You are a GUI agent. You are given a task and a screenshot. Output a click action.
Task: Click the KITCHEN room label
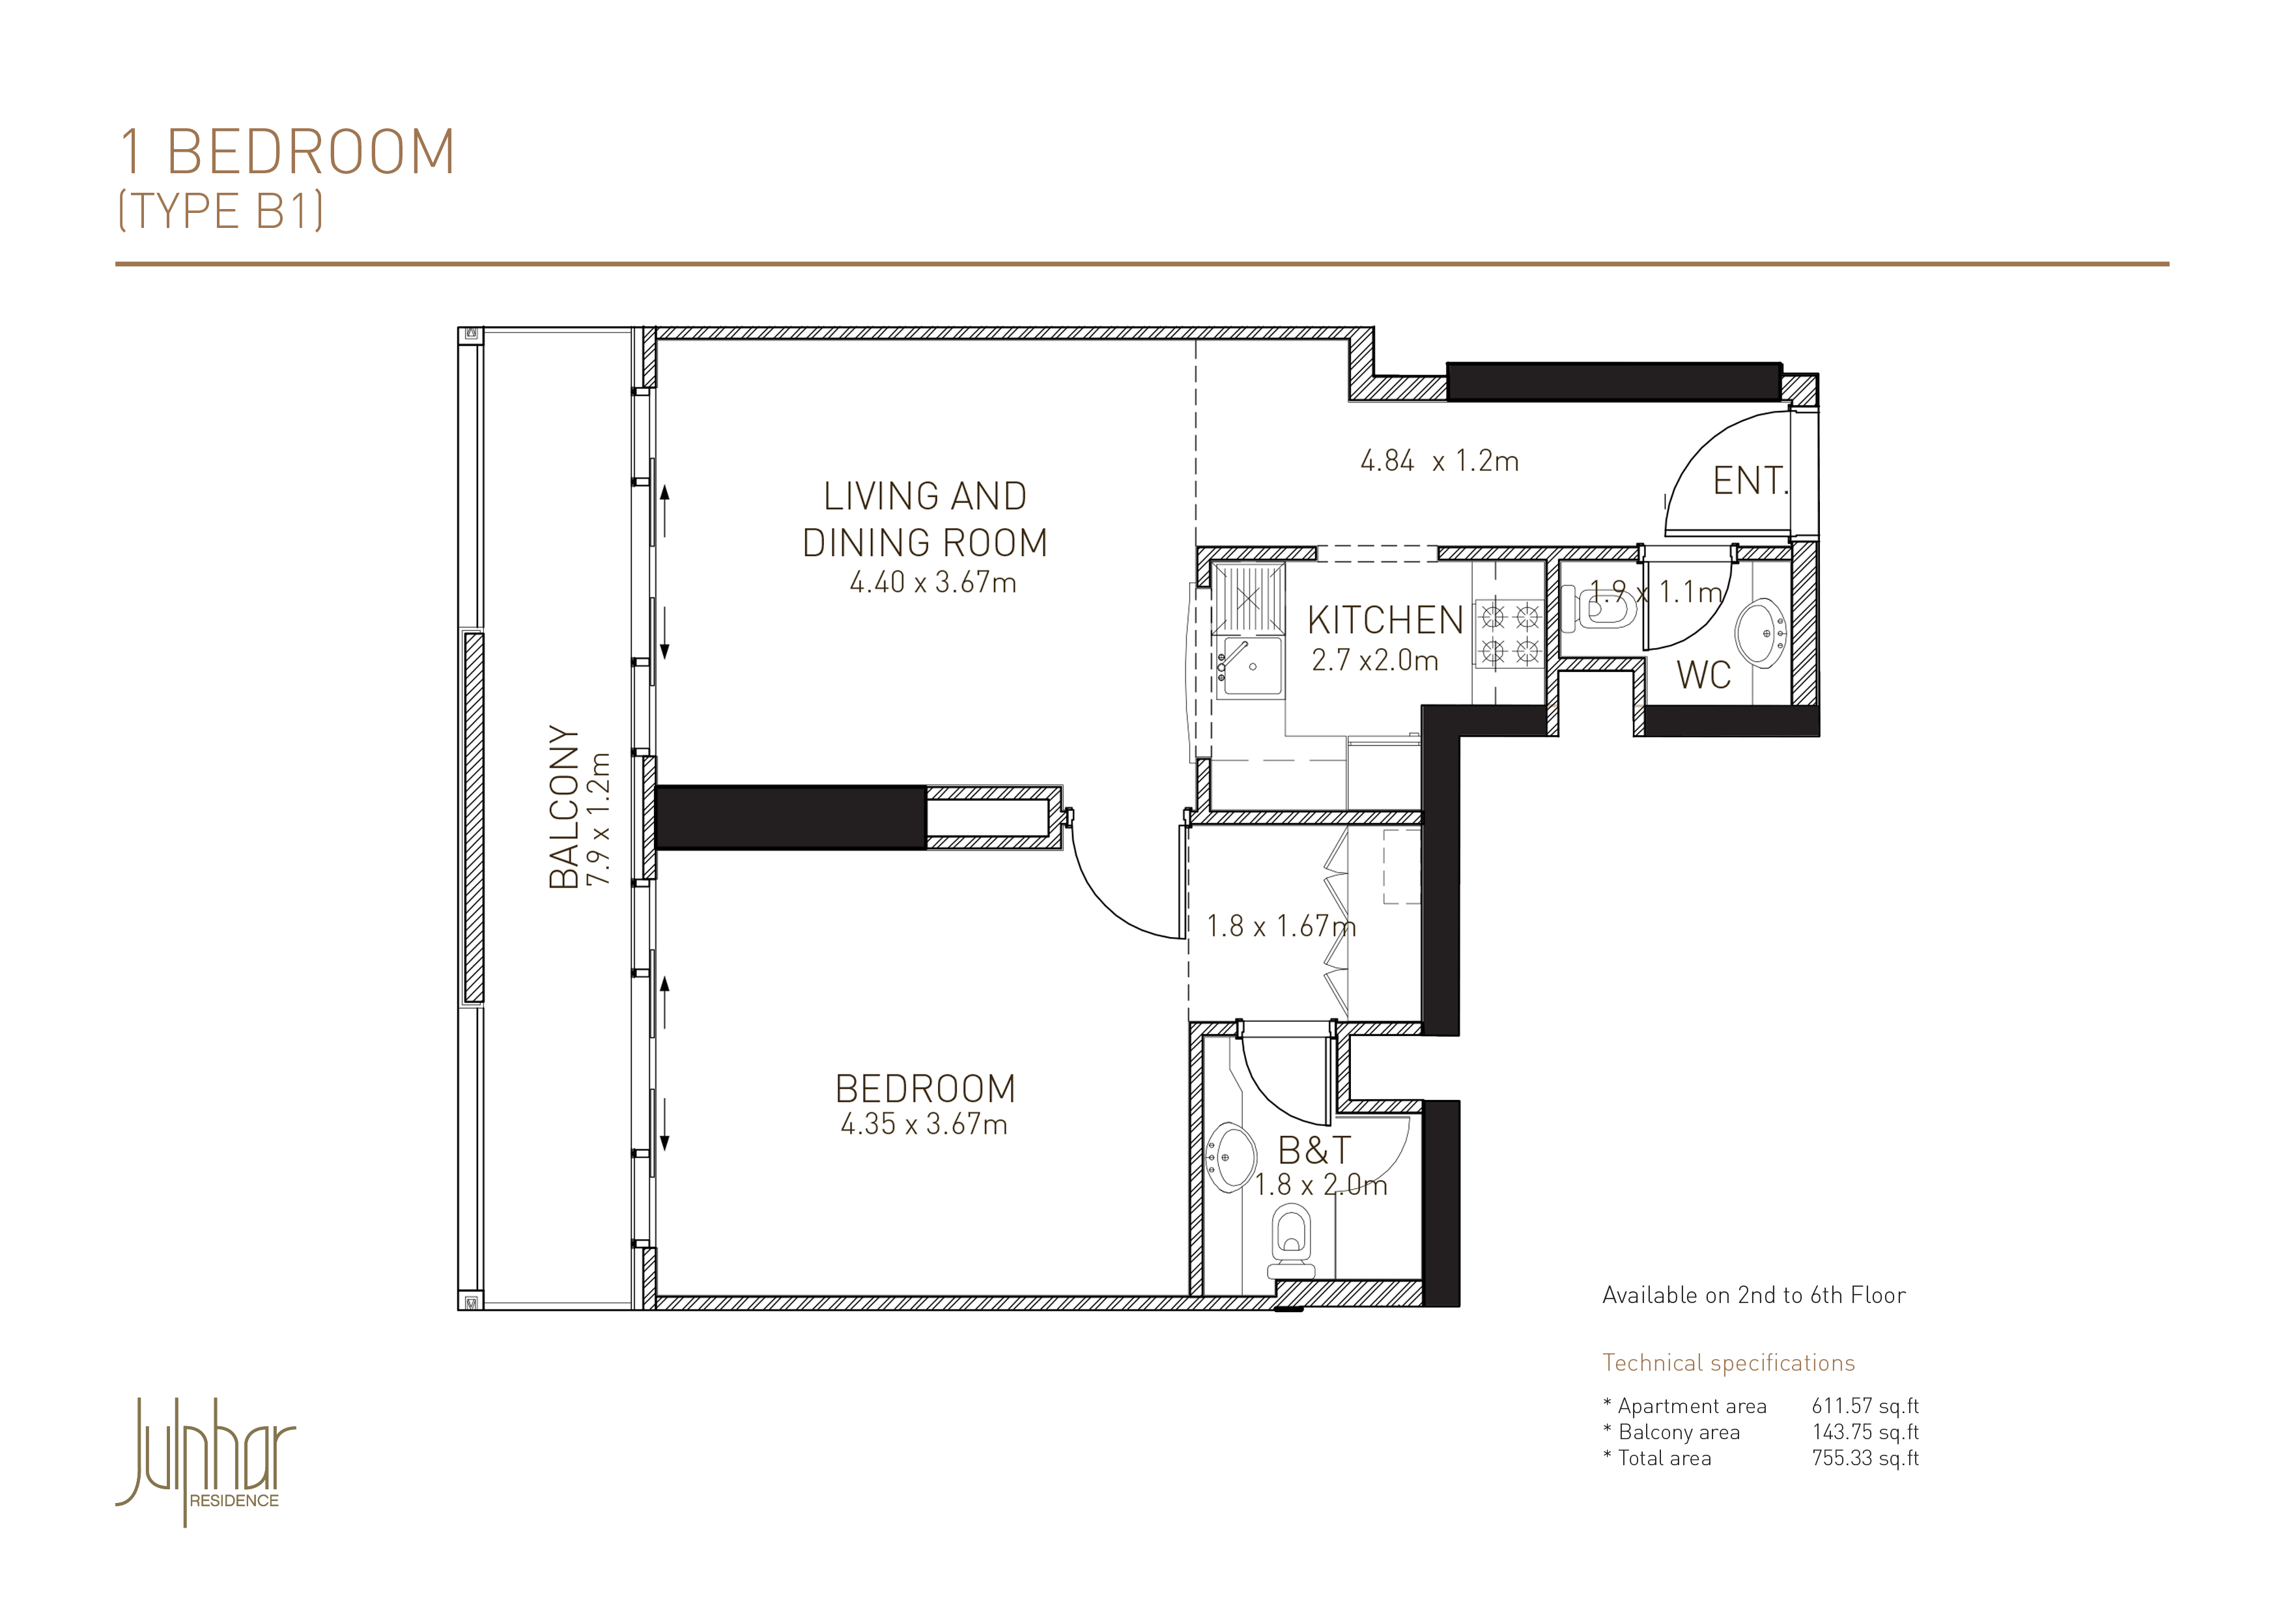click(1385, 620)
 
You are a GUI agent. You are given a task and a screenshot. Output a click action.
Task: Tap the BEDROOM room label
click(926, 1089)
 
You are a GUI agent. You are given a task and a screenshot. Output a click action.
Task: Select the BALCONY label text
click(564, 806)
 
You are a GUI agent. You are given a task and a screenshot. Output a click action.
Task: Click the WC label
click(1704, 675)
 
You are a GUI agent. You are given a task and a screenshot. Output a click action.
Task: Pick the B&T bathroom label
click(1314, 1150)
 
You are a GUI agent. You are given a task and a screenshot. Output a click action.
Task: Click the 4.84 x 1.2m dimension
click(1439, 460)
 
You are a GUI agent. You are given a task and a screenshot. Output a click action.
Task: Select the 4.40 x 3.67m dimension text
click(933, 582)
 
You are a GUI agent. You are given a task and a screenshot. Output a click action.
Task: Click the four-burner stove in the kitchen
click(1509, 634)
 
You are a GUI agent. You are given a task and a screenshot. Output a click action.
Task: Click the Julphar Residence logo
click(206, 1461)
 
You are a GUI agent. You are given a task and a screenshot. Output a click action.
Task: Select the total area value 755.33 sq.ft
click(1865, 1458)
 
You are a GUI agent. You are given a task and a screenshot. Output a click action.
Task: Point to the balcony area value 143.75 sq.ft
click(1865, 1432)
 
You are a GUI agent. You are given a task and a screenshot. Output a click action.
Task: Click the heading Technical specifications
click(1729, 1363)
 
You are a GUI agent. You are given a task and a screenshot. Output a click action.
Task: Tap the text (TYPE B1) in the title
click(221, 211)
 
